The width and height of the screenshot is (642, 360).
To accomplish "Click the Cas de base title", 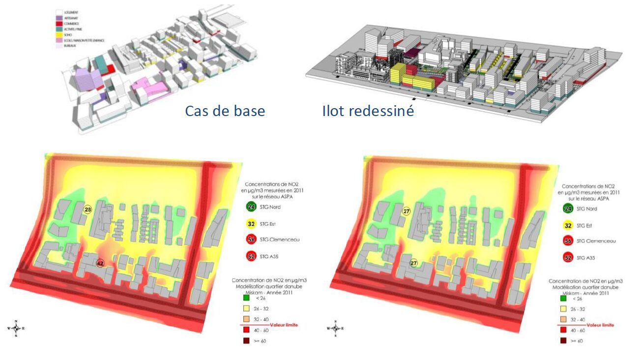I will (x=225, y=111).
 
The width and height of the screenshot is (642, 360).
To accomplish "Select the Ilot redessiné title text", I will (x=368, y=111).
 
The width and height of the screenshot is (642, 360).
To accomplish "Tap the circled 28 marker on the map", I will (x=88, y=210).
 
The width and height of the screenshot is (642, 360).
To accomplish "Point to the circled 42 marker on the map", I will (x=100, y=263).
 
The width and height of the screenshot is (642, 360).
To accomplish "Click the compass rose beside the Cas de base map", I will (x=16, y=328).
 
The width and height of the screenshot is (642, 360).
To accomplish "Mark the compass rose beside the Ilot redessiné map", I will (x=335, y=328).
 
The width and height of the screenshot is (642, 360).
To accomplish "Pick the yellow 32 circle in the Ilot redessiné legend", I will (x=568, y=226).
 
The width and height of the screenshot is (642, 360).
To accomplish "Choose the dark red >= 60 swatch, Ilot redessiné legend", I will (x=563, y=341).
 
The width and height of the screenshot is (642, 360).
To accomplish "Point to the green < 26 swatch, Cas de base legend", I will (x=246, y=298).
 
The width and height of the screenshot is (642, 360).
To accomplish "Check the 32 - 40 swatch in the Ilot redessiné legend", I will (x=563, y=320).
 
